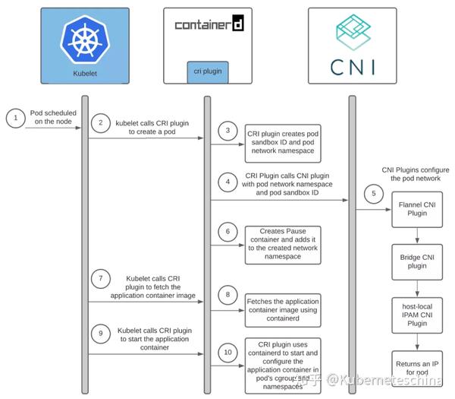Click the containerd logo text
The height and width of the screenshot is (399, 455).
208,25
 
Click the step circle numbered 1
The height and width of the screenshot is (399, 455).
14,118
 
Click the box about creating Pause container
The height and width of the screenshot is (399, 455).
282,244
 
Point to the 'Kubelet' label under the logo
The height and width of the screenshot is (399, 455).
85,73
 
